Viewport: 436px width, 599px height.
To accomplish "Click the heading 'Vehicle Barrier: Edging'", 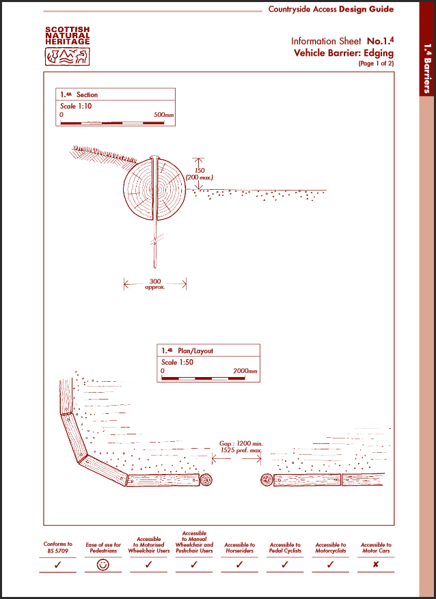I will click(344, 53).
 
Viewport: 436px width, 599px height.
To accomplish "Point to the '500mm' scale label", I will click(164, 115).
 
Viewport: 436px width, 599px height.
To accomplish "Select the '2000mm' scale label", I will click(245, 371).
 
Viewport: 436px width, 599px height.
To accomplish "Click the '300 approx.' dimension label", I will click(155, 283).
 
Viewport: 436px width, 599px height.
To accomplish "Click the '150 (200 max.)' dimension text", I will click(200, 173).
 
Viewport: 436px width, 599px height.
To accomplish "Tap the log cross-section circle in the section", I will click(154, 188).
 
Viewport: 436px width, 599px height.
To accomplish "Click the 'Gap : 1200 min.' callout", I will click(241, 443).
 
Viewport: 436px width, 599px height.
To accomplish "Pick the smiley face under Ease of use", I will click(103, 565).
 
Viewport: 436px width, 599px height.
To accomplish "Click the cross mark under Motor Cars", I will click(376, 565).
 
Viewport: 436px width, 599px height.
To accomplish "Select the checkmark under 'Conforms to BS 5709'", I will click(58, 565).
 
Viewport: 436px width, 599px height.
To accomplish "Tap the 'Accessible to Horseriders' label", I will click(240, 548).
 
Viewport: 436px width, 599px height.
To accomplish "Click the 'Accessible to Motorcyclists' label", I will click(331, 548).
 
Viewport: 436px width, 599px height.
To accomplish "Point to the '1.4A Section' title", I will click(79, 94).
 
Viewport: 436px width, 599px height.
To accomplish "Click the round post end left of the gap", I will click(206, 479).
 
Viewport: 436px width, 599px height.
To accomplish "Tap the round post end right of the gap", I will click(266, 479).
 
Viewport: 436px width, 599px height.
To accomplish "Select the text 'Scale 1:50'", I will click(177, 362).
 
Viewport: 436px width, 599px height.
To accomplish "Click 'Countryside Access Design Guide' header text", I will click(331, 10).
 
